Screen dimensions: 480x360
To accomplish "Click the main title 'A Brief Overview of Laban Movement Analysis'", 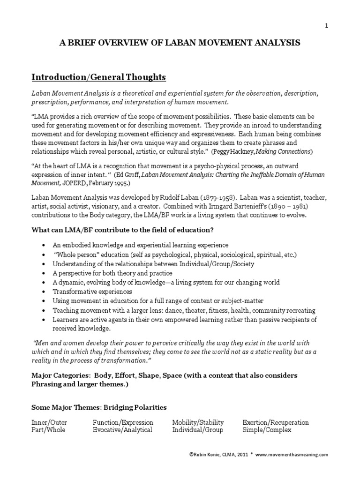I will point(180,43).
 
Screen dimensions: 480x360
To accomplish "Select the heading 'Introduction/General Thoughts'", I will point(98,76).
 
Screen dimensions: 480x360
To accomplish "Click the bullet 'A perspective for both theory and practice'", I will point(112,273).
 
